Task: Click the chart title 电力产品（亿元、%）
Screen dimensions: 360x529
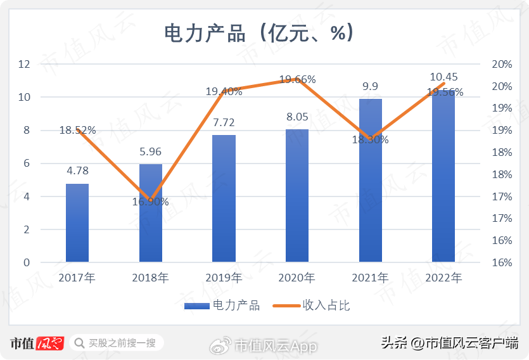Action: click(258, 32)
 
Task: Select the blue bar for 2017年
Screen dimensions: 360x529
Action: click(77, 222)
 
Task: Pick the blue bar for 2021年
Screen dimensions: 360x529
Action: click(371, 181)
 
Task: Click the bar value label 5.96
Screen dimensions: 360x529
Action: click(151, 152)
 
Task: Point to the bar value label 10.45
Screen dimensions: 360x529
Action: click(443, 77)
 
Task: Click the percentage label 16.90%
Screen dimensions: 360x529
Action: click(151, 202)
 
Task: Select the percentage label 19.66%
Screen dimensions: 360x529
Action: click(297, 79)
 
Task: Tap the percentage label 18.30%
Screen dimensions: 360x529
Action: click(371, 139)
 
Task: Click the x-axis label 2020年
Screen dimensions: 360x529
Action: click(297, 278)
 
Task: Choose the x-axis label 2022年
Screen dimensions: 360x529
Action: click(443, 278)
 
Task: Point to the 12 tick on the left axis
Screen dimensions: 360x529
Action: click(25, 64)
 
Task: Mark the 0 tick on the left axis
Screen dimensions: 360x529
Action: click(27, 262)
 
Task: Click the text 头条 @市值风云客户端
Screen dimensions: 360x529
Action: click(449, 344)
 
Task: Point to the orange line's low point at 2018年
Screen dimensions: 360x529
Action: click(151, 200)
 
